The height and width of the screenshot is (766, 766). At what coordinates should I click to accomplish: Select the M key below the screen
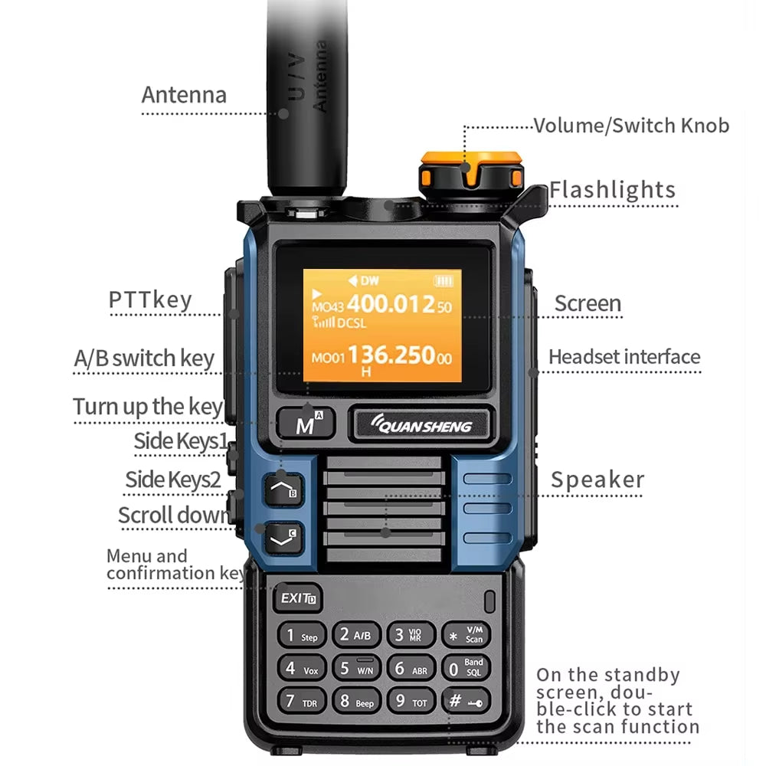coord(305,424)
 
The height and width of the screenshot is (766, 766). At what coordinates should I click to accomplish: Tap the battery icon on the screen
coord(444,280)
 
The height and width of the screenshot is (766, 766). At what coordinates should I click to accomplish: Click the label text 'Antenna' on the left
coord(184,95)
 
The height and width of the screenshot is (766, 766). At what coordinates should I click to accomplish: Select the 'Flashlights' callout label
coord(612,190)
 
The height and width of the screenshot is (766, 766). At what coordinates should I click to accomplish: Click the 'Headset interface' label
coord(624,357)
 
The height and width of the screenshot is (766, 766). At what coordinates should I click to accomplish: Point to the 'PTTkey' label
coord(149,300)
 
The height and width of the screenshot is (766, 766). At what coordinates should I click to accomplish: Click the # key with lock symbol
coord(465,700)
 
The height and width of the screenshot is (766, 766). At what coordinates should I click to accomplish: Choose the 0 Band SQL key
coord(465,668)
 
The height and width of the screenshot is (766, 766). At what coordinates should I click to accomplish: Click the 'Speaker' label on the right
coord(597,480)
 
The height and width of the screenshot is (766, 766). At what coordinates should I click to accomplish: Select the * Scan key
coord(465,635)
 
